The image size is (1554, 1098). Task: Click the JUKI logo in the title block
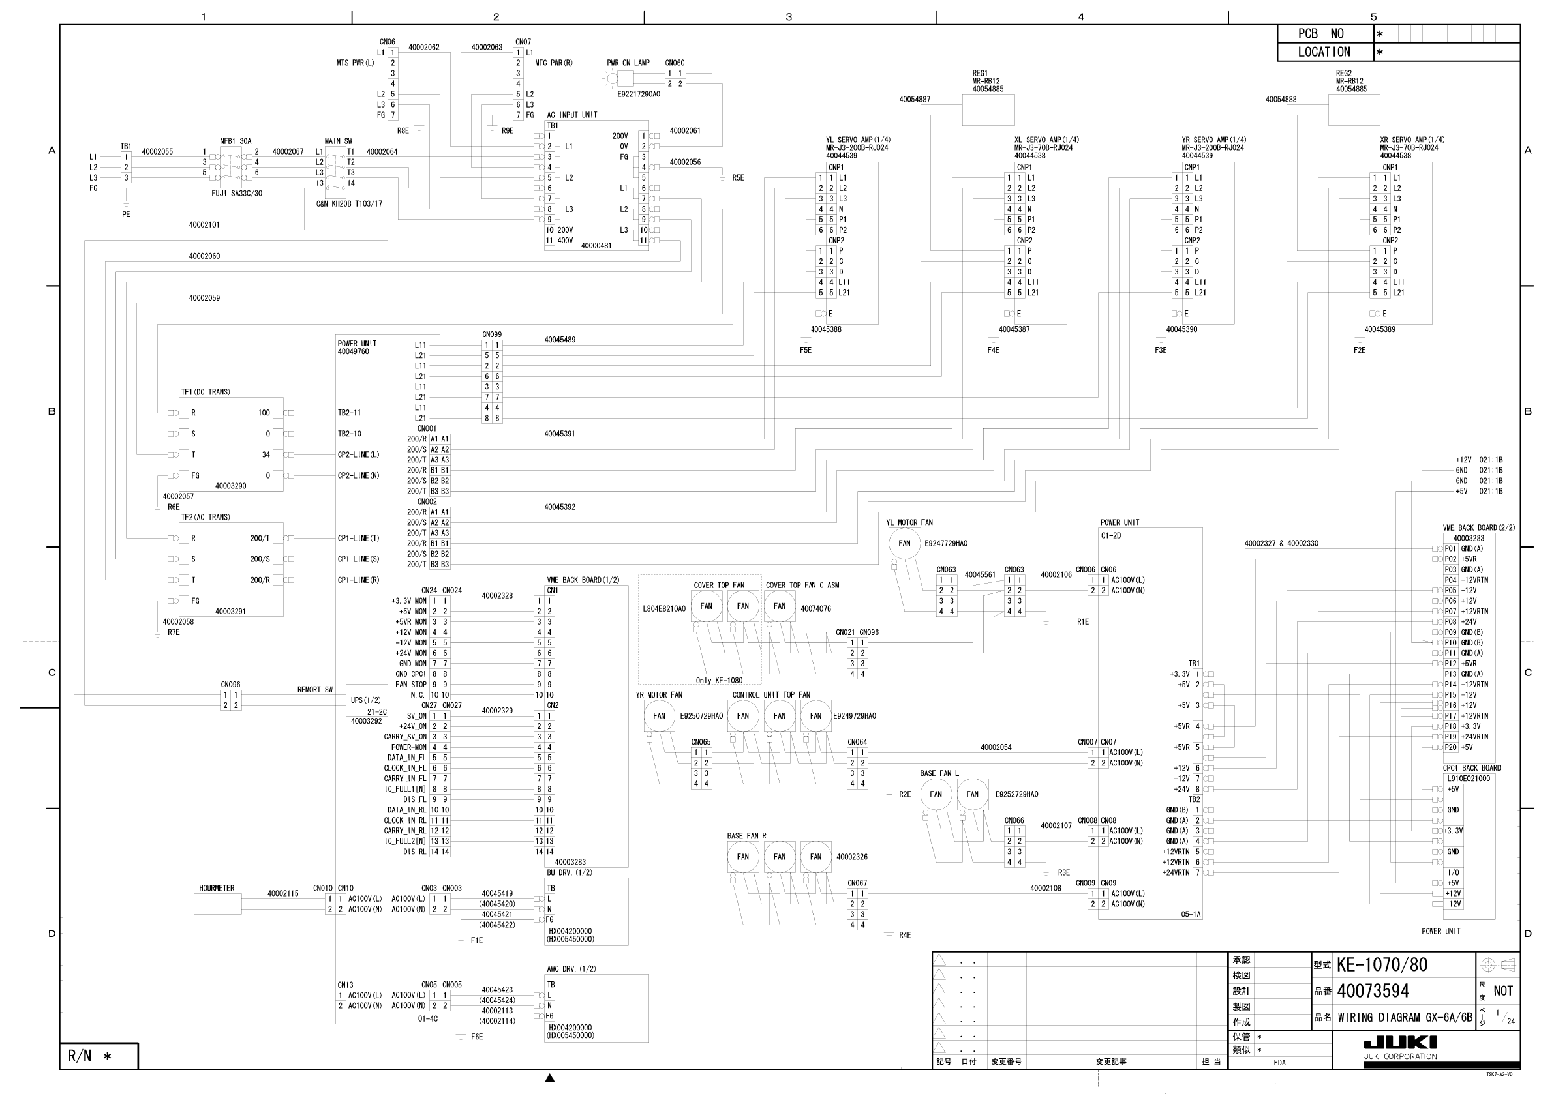tap(1399, 1042)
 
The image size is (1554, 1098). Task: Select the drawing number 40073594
tap(1373, 991)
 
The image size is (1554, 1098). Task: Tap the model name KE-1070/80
tap(1381, 965)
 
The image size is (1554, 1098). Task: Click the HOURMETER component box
tap(217, 904)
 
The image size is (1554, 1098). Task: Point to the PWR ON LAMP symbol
tap(613, 78)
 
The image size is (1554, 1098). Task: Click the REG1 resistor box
tap(988, 110)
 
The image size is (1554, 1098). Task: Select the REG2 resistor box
tap(1353, 110)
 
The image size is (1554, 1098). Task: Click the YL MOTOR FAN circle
tap(904, 543)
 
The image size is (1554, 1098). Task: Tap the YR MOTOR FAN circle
tap(659, 716)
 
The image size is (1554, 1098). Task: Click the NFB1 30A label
tap(236, 141)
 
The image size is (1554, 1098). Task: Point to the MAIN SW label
tap(339, 141)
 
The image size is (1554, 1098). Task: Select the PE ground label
tap(126, 215)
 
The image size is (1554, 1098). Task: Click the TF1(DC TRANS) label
tap(206, 393)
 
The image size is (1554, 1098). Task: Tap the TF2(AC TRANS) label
tap(206, 518)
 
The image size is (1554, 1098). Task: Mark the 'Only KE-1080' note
tap(719, 681)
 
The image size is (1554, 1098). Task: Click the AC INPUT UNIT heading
tap(572, 115)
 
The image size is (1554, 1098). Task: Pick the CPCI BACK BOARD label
tap(1471, 768)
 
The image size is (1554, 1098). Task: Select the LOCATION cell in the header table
tap(1324, 52)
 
